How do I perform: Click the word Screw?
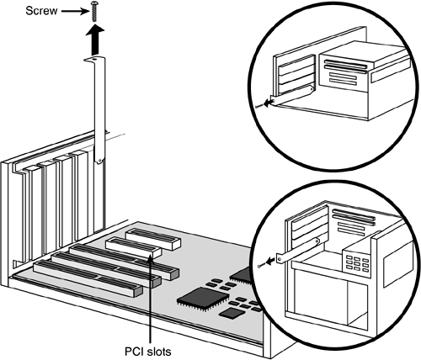[x=41, y=11]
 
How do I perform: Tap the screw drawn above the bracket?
[x=94, y=11]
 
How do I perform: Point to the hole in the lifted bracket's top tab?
[x=94, y=59]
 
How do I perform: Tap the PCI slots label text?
[x=148, y=352]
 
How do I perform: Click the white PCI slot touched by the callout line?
[x=134, y=247]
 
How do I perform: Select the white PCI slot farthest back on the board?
[x=153, y=239]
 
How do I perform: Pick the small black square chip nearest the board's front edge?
[x=232, y=313]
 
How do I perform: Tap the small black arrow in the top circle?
[x=268, y=103]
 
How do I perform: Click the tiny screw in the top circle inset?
[x=258, y=106]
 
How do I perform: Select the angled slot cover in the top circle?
[x=291, y=96]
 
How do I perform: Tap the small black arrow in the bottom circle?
[x=271, y=262]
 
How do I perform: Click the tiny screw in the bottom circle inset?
[x=261, y=265]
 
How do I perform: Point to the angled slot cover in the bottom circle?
[x=298, y=250]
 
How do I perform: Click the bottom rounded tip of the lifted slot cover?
[x=99, y=161]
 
